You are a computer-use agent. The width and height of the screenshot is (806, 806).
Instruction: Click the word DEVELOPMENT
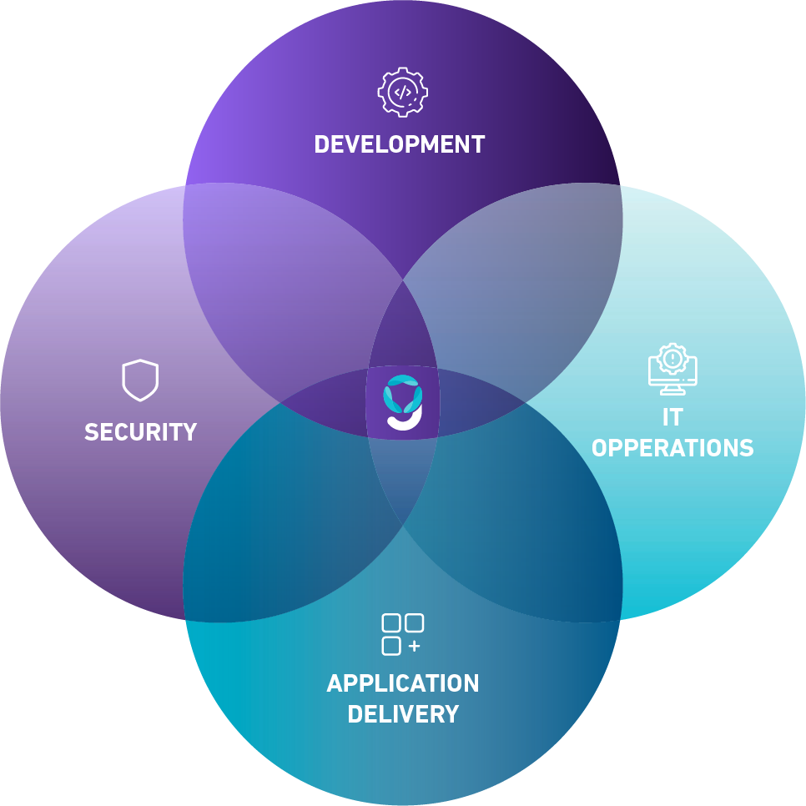tap(400, 144)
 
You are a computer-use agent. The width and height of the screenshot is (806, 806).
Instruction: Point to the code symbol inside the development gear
tap(402, 93)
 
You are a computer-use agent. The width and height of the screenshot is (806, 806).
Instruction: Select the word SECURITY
tap(140, 432)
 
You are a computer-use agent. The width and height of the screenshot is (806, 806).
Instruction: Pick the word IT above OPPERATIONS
tap(673, 417)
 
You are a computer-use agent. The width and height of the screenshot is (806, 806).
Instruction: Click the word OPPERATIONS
tap(673, 448)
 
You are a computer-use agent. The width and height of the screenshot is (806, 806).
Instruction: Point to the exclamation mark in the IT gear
tap(673, 358)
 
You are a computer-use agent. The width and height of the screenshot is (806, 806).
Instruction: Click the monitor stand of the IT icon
tap(673, 390)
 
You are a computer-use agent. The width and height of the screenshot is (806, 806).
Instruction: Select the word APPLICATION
tap(402, 683)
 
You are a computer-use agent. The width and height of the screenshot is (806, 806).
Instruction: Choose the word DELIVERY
tap(403, 714)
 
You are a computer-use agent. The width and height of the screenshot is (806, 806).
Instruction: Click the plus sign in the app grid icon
tap(415, 646)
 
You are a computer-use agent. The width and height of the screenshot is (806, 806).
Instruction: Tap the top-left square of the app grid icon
tap(391, 622)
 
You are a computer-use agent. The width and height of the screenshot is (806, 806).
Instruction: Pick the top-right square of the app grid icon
tap(415, 622)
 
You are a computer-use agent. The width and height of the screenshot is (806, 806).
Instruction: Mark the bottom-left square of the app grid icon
tap(391, 646)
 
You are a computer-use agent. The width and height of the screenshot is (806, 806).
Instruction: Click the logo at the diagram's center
tap(402, 402)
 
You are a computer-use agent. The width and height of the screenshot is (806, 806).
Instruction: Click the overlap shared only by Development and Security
tap(288, 288)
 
